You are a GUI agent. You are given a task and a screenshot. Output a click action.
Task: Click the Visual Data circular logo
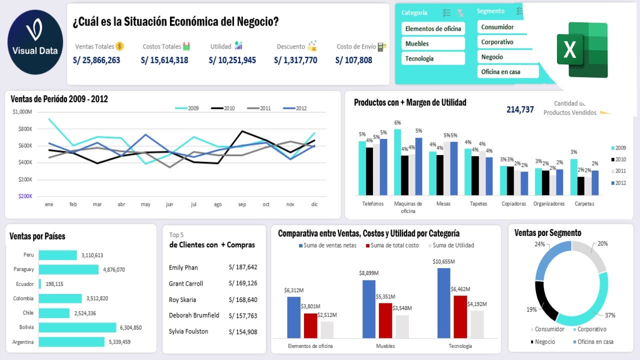(x=35, y=42)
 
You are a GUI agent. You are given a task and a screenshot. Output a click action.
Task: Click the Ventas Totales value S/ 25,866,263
(x=96, y=60)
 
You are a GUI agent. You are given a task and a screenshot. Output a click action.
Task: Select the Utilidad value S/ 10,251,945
(x=232, y=60)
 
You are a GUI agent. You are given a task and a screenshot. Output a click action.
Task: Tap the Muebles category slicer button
(x=433, y=43)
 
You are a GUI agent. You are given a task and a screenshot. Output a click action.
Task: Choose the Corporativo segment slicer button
(x=502, y=42)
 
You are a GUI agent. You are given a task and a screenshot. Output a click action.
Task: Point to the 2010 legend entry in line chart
(x=223, y=108)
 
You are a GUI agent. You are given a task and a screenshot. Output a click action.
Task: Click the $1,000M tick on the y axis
(x=22, y=112)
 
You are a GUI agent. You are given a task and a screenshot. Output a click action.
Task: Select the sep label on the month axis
(x=242, y=204)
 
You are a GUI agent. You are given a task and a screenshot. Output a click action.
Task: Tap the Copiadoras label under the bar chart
(x=513, y=204)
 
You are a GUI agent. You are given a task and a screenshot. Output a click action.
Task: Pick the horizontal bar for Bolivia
(x=77, y=327)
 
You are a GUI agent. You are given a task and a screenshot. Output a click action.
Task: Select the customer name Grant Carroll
(x=186, y=284)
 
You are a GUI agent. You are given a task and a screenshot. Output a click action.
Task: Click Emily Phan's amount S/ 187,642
(x=243, y=267)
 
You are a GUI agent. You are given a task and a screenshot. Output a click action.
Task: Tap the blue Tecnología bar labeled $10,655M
(x=444, y=302)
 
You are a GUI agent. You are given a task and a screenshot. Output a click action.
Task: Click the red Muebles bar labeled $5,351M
(x=385, y=320)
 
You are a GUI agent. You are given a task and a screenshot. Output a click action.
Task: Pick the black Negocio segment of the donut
(x=545, y=300)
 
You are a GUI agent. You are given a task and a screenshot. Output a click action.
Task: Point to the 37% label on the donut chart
(x=610, y=315)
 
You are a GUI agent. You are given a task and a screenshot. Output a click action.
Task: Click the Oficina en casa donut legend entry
(x=592, y=342)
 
